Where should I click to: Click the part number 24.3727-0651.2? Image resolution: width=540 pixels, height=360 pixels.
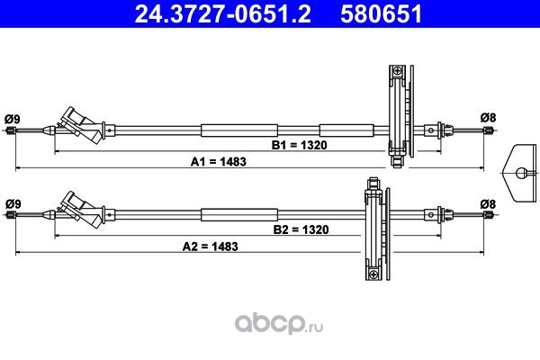click(x=222, y=13)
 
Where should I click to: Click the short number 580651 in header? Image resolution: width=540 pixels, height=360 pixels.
click(x=381, y=13)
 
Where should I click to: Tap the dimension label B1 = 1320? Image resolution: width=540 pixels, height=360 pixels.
click(x=300, y=145)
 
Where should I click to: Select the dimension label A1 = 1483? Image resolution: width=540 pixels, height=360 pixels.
click(x=219, y=162)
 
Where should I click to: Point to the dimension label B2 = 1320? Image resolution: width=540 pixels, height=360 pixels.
click(x=301, y=229)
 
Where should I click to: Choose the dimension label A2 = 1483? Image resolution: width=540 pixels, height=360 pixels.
click(x=210, y=247)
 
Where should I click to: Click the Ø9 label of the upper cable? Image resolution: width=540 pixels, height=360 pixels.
click(x=13, y=119)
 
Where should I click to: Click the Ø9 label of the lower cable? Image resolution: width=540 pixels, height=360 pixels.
click(x=13, y=204)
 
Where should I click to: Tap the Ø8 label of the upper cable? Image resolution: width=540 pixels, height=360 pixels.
click(x=488, y=118)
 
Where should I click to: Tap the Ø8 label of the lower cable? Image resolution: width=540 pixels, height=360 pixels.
click(x=488, y=204)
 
